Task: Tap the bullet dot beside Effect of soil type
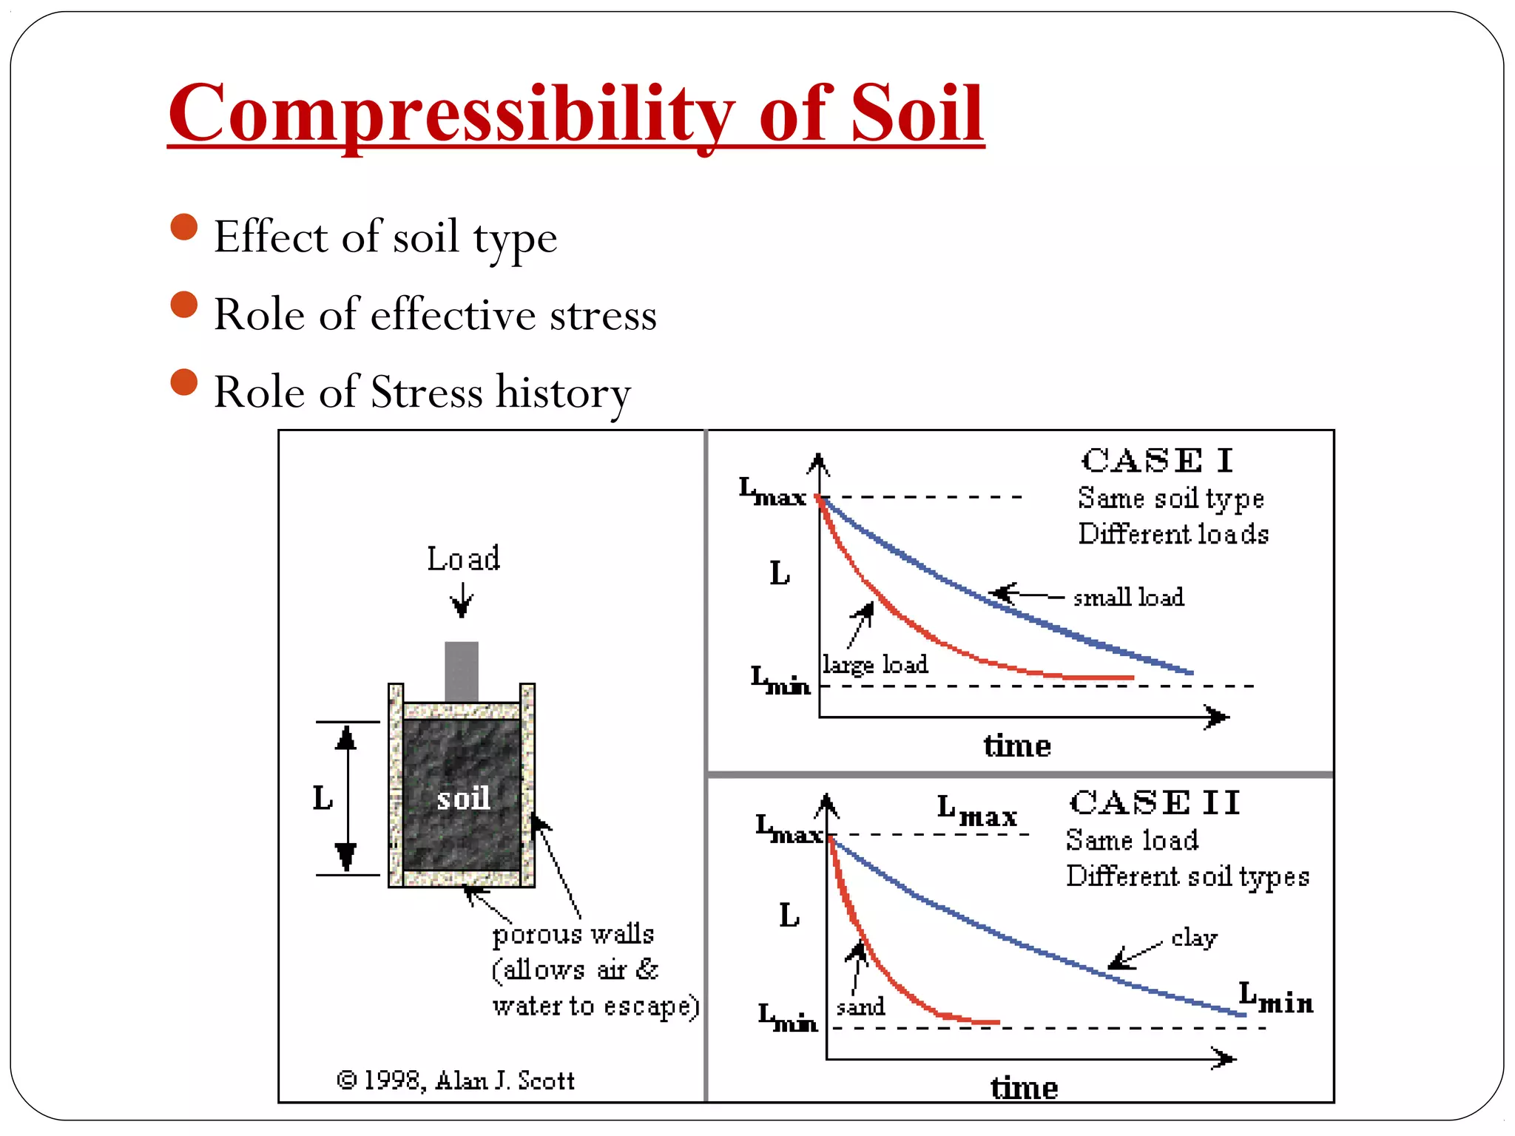184,227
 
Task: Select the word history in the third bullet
563,392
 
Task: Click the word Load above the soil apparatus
463,559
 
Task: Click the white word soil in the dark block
463,799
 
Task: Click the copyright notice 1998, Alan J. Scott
456,1081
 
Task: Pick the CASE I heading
1157,461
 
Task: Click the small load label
1128,597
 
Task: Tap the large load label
875,664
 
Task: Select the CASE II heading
1155,802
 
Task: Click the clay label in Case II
1194,938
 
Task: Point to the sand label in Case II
860,1007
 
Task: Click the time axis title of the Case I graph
1017,745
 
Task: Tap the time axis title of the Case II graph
1025,1088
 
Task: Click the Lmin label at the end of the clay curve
1276,998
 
